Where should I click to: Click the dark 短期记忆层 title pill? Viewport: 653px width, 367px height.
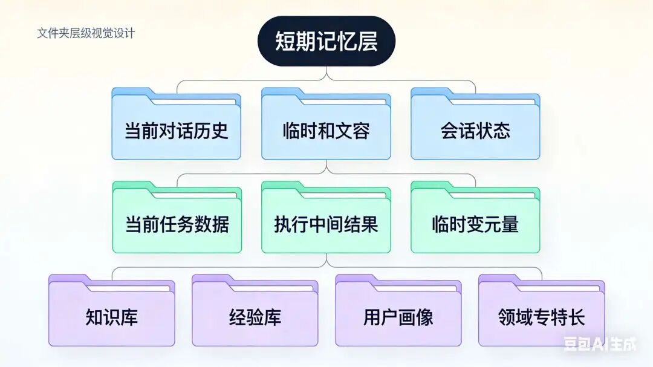click(x=326, y=41)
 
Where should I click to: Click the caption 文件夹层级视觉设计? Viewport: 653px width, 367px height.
click(x=86, y=33)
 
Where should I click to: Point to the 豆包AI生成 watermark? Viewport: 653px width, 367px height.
click(x=600, y=345)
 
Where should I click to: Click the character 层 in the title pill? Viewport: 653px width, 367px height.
click(x=367, y=41)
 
